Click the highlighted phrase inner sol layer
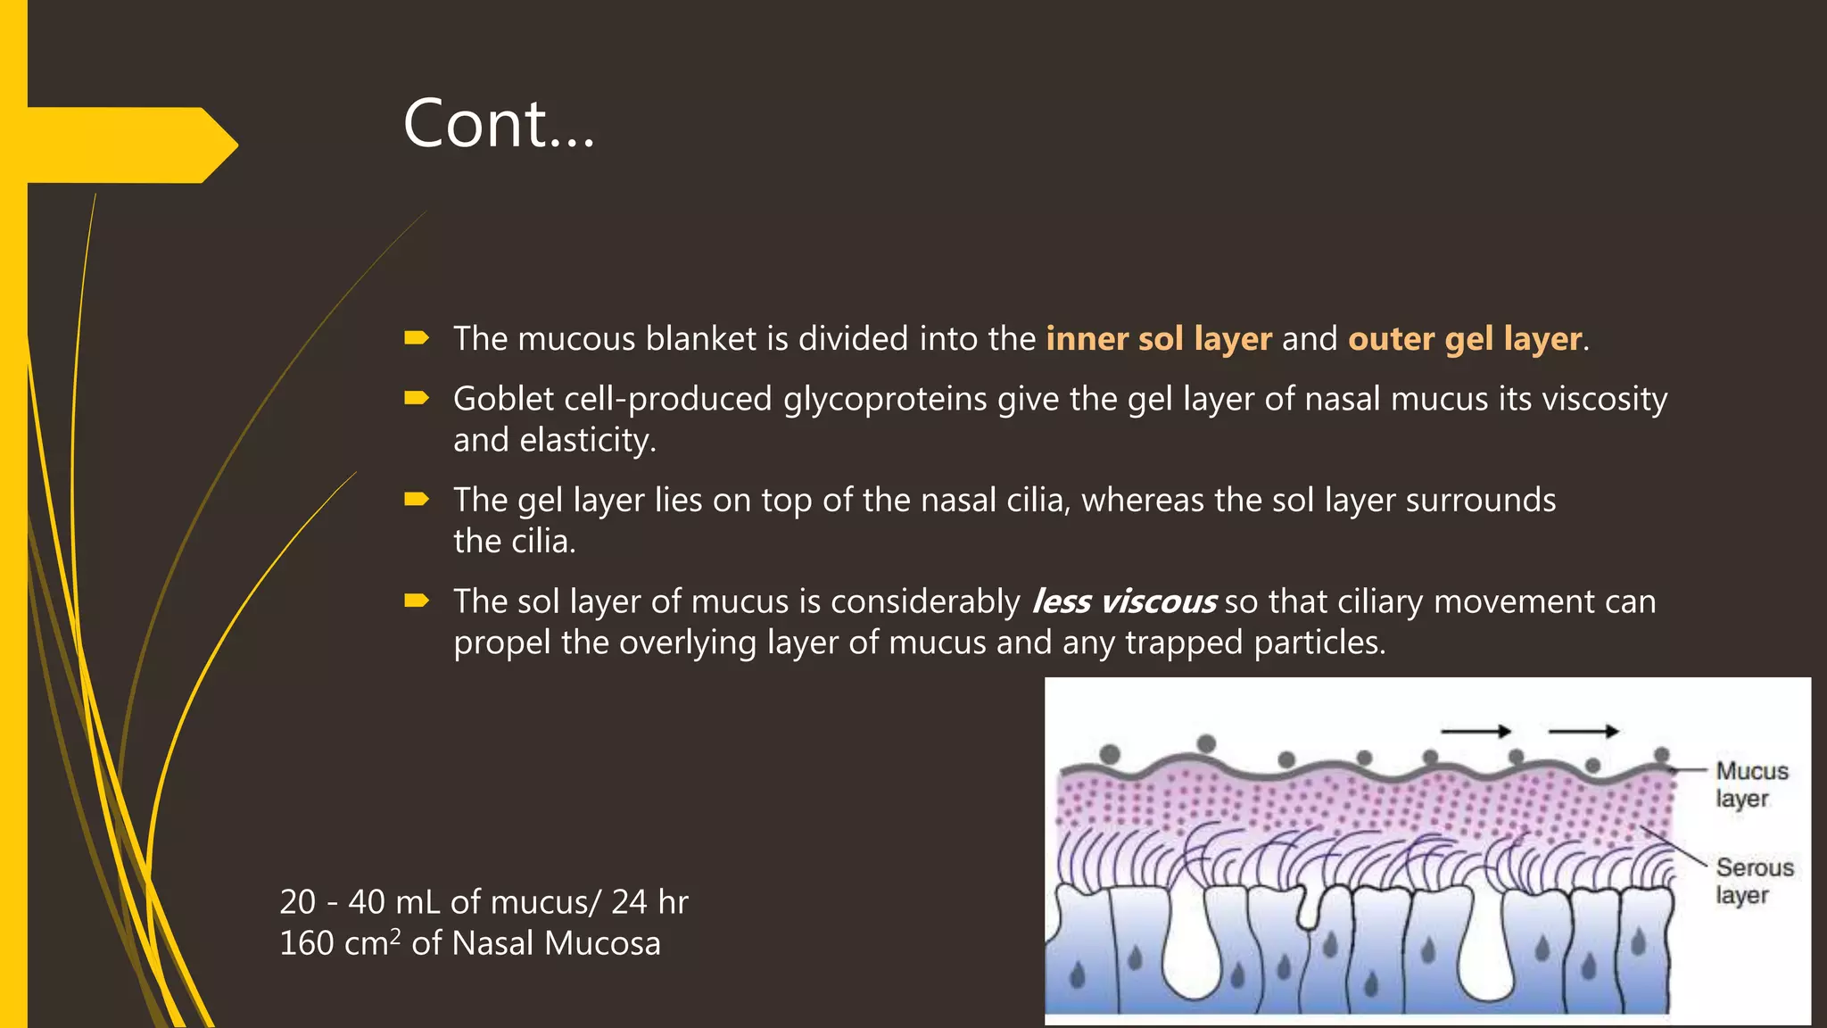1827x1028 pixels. pyautogui.click(x=1158, y=339)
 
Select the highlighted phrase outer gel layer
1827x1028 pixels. pyautogui.click(x=1465, y=339)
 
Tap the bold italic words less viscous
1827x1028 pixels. pyautogui.click(x=1123, y=602)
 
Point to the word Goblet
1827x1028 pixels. pyautogui.click(x=503, y=399)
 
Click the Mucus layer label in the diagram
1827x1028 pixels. pyautogui.click(x=1750, y=784)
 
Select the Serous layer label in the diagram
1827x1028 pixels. pyautogui.click(x=1753, y=881)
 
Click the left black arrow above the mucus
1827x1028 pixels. pyautogui.click(x=1476, y=732)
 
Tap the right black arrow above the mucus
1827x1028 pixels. pyautogui.click(x=1583, y=732)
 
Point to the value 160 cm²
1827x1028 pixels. pyautogui.click(x=340, y=943)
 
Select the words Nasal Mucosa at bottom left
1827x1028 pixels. pyautogui.click(x=557, y=943)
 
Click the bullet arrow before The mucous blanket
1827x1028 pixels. pyautogui.click(x=417, y=338)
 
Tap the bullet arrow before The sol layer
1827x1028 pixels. pyautogui.click(x=417, y=601)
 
